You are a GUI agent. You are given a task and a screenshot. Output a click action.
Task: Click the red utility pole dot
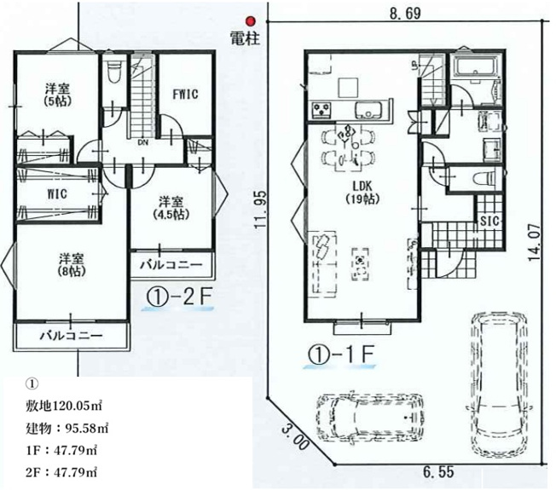coord(251,21)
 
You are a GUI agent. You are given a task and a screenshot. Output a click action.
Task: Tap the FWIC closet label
coord(185,95)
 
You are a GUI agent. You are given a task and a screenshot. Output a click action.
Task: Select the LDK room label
coord(362,185)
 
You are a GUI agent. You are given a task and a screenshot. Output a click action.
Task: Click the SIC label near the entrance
coord(489,221)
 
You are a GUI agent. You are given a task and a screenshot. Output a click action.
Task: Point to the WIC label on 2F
coord(57,194)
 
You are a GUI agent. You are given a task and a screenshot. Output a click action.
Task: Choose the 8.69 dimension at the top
coord(405,14)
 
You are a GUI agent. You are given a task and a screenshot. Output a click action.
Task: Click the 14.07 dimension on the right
coord(534,242)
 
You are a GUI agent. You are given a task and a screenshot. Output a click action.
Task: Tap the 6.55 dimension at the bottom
coord(438,472)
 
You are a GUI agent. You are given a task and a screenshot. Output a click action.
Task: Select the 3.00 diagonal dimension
coord(295,437)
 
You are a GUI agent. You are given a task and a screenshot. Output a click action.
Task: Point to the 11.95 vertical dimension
coord(261,210)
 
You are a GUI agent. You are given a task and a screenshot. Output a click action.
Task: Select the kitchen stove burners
coord(321,109)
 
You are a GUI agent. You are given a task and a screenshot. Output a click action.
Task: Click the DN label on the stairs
coord(143,142)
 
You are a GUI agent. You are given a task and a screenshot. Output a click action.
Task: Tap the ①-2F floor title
coord(179,297)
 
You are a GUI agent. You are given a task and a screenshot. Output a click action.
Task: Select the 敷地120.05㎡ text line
coord(64,406)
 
